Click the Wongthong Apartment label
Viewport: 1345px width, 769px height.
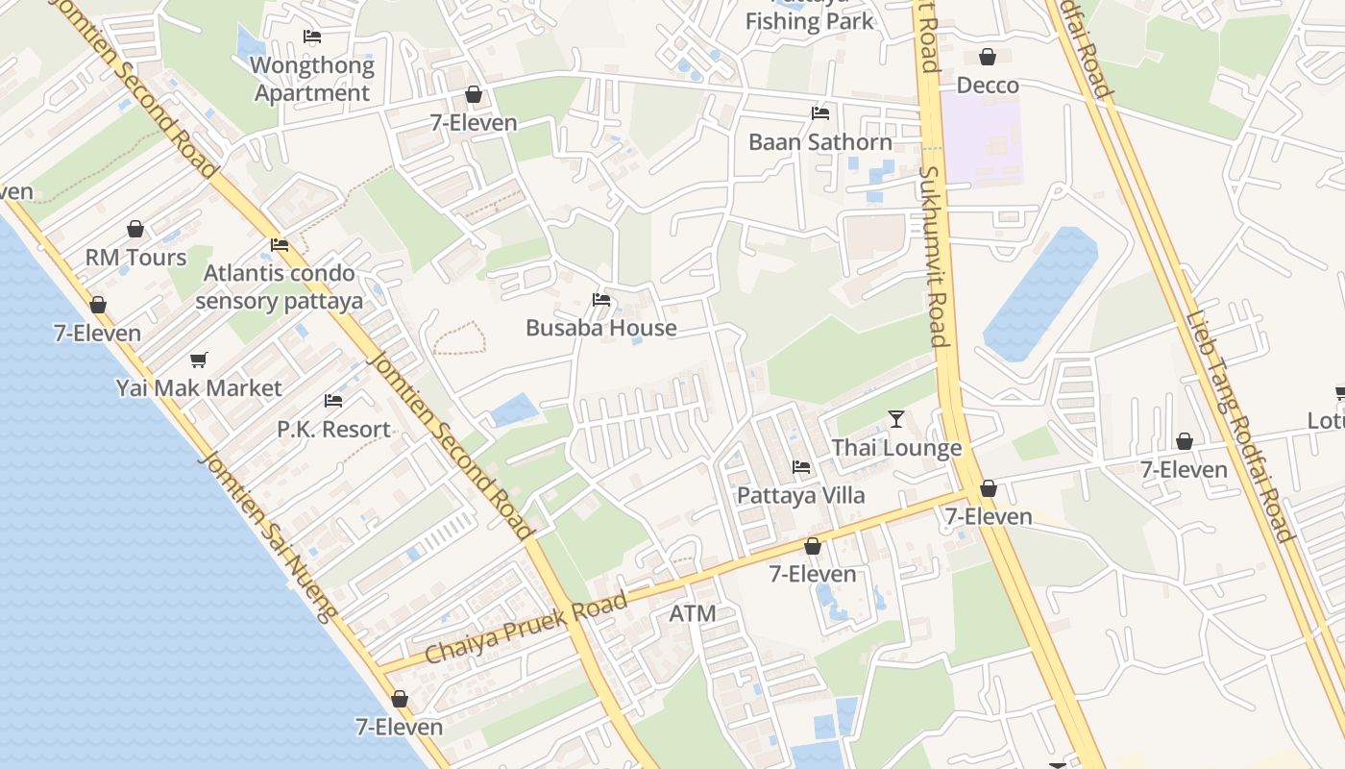[312, 80]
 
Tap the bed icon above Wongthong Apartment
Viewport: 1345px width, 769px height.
[312, 37]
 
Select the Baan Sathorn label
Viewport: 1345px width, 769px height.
[820, 142]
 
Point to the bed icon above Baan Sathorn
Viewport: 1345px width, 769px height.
[820, 112]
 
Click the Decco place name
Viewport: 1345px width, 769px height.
[988, 86]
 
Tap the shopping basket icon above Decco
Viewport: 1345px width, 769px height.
[988, 57]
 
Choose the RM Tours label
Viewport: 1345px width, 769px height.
[135, 258]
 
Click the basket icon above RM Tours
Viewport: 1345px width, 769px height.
[135, 229]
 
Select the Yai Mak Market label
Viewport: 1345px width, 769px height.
[199, 388]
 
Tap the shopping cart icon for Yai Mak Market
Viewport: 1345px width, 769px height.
[199, 360]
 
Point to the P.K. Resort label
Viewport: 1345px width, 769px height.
[333, 430]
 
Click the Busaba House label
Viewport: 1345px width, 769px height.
[601, 328]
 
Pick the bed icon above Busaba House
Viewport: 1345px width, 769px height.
[601, 300]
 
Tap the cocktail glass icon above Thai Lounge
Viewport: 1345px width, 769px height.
[896, 419]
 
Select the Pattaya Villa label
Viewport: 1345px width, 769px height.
[800, 496]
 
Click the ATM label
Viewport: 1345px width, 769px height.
[693, 613]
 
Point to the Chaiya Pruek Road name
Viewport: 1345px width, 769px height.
[526, 628]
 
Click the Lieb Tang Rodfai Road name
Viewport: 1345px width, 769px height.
[1239, 427]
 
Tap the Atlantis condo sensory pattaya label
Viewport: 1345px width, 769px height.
[279, 287]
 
